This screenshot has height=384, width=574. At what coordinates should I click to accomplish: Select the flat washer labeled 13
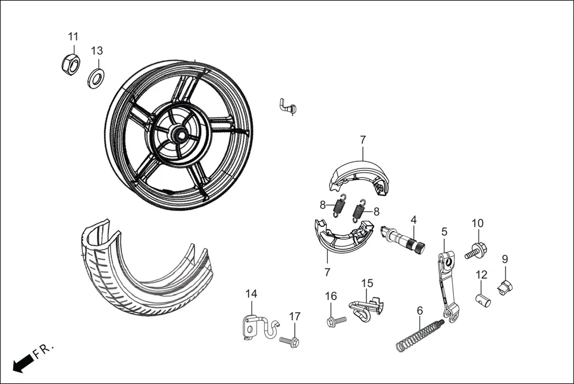[96, 77]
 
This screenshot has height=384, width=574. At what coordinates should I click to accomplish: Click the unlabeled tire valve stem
[288, 107]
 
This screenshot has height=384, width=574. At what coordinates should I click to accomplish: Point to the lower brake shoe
[342, 238]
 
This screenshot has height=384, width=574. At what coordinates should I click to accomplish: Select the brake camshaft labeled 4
[402, 238]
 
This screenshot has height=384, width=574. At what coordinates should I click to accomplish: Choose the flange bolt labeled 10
[473, 250]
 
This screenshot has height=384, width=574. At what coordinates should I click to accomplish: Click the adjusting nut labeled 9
[505, 288]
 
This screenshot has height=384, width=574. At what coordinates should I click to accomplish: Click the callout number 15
[367, 283]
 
